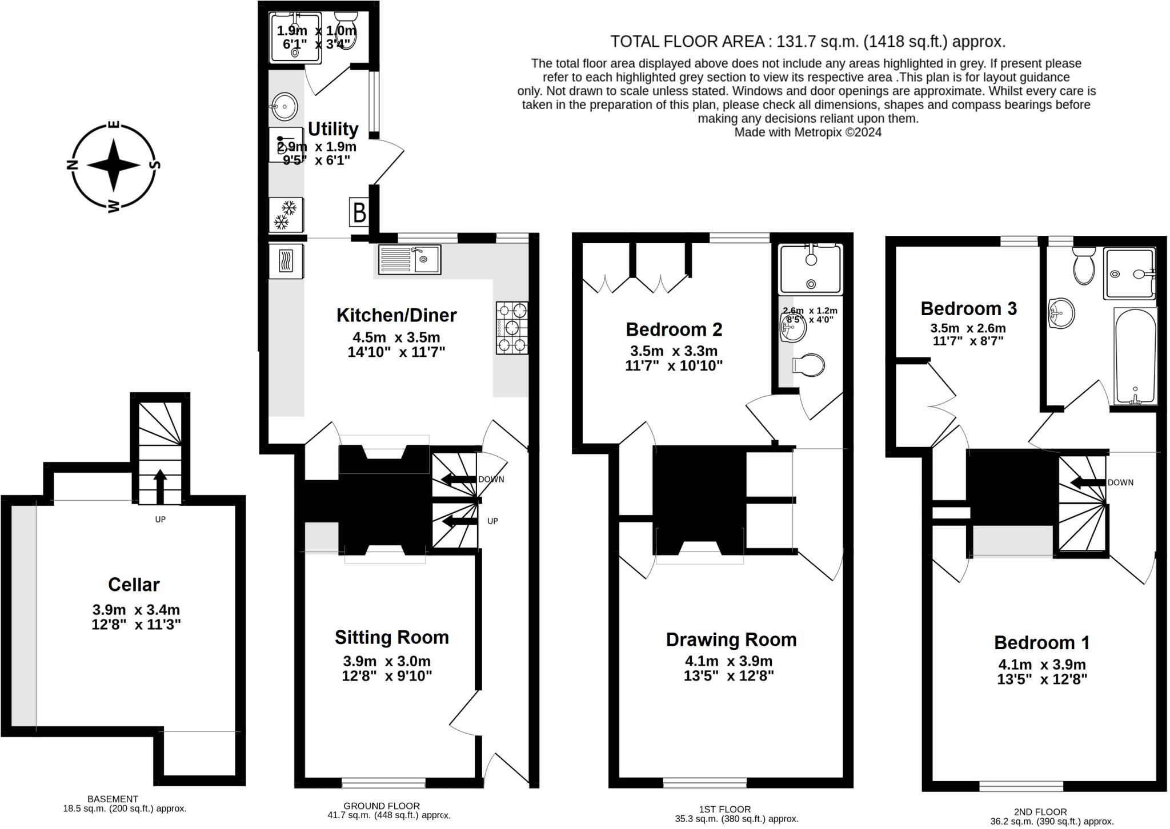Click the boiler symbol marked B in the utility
click(x=359, y=212)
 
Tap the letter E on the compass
click(x=114, y=124)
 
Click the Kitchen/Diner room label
click(x=396, y=315)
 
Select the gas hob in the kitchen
click(x=512, y=328)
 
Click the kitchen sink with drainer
click(x=410, y=259)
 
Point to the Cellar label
click(x=134, y=585)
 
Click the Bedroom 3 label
click(x=968, y=309)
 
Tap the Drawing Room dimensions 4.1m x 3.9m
click(x=728, y=662)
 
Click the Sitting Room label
click(x=391, y=637)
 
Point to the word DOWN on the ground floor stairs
click(x=491, y=480)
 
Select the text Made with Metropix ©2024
click(x=807, y=132)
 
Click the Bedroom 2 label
click(x=674, y=329)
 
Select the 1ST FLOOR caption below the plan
click(x=724, y=809)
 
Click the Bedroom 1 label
click(x=1041, y=643)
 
